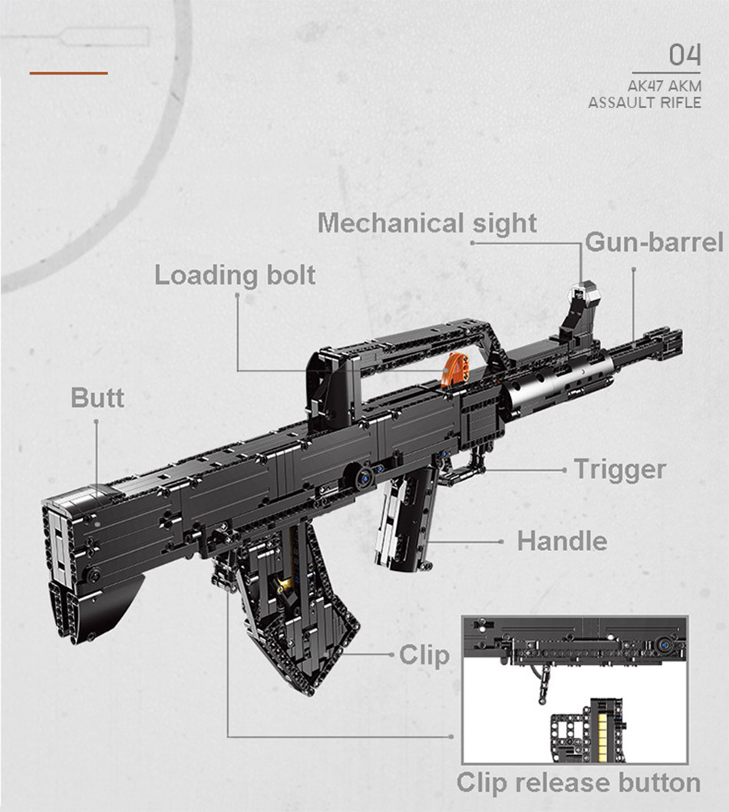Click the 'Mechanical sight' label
[x=427, y=223]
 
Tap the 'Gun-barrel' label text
[x=654, y=243]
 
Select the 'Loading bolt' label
[x=235, y=275]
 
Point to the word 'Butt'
[x=97, y=398]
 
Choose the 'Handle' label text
[x=562, y=541]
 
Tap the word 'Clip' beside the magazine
[x=424, y=655]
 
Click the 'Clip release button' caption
[x=579, y=782]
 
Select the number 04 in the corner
[x=685, y=55]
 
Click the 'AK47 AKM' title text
[x=665, y=85]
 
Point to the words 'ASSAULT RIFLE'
[x=645, y=102]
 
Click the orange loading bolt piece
[x=456, y=367]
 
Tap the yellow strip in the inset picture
[x=602, y=734]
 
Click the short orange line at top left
[x=69, y=74]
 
